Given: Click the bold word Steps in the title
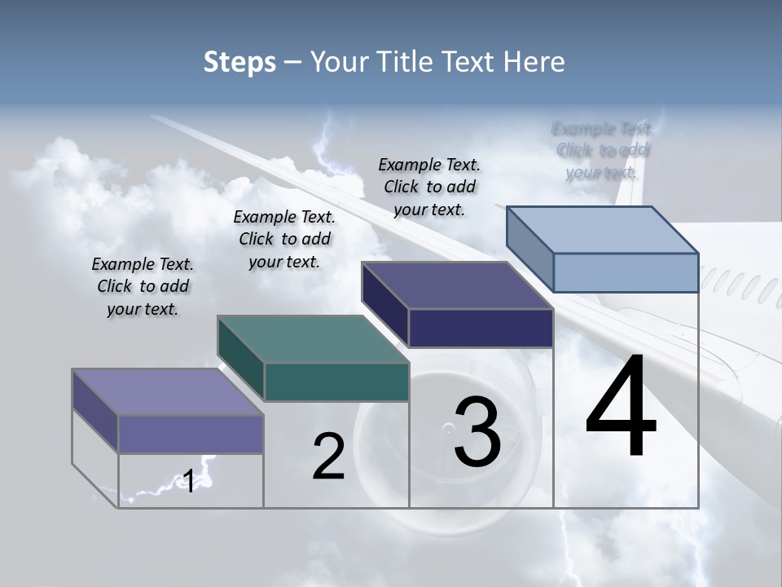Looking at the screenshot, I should coord(239,62).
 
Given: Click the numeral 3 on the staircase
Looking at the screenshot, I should coord(477,432).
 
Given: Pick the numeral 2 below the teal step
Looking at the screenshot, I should coord(329,457).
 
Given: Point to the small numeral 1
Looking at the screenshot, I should coord(188,481).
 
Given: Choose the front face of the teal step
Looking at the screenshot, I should coord(336,382).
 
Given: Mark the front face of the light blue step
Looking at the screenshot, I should coord(626,272).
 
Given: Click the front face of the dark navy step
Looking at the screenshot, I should coord(481,328).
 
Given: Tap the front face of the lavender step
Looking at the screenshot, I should coord(191,434).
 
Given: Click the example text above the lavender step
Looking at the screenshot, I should coord(143,287).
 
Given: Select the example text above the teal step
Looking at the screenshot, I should coord(284,240).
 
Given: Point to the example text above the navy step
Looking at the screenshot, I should coord(429,187).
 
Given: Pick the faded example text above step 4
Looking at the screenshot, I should coord(602,151).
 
